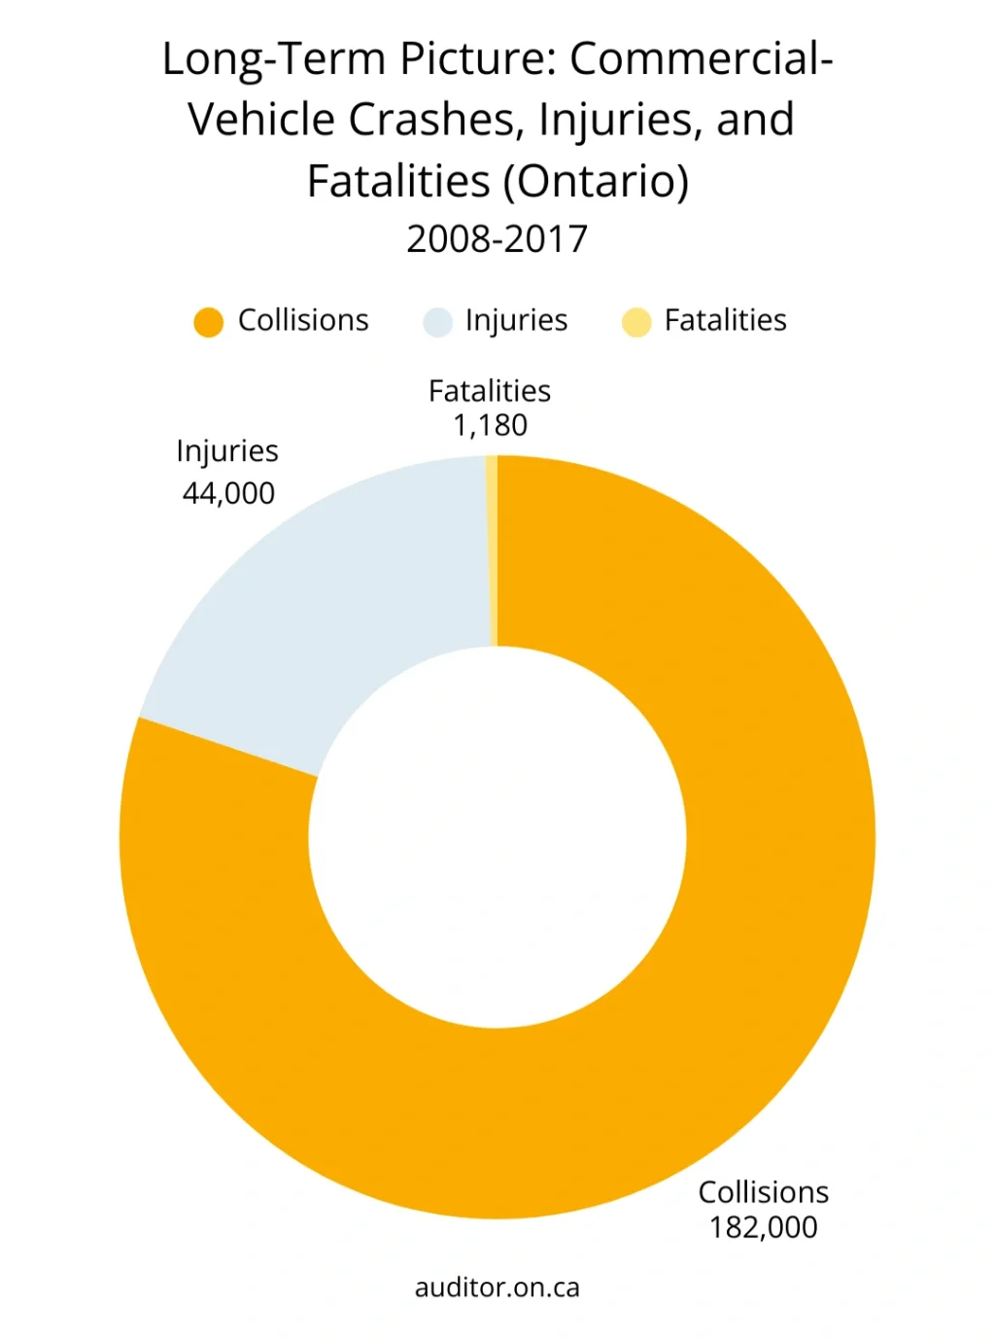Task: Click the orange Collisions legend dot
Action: (x=209, y=322)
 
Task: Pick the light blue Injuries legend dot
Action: (x=438, y=322)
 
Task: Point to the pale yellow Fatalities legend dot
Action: (x=636, y=322)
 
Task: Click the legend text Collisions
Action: (x=303, y=320)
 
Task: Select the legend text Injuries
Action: (x=516, y=320)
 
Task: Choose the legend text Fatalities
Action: (x=725, y=320)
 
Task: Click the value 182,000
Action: (x=763, y=1227)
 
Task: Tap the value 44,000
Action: (x=228, y=493)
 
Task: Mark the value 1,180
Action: (x=490, y=425)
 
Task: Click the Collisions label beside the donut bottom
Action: (x=763, y=1192)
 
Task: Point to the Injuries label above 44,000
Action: (x=227, y=451)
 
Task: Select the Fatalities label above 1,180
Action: (x=490, y=391)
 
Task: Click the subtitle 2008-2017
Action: (x=497, y=239)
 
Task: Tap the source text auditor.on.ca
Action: (x=497, y=1287)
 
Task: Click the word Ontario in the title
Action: (x=601, y=181)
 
